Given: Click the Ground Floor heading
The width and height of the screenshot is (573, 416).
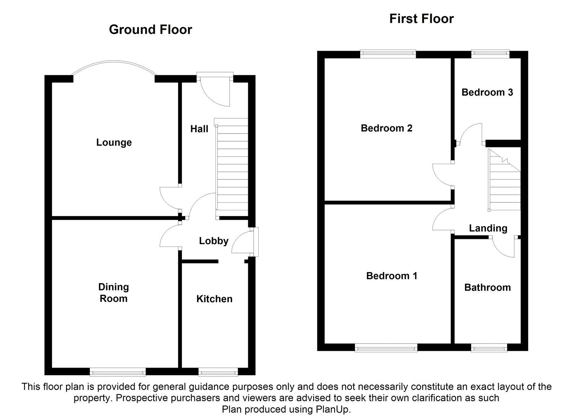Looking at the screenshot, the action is coord(151,29).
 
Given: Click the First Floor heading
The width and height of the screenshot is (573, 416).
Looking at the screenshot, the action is coord(421,19).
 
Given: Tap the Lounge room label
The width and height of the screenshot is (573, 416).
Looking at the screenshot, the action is coord(114,142).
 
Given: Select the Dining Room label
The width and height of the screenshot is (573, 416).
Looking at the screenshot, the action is coord(113,293).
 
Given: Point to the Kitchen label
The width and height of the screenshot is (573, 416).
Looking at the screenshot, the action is coord(214,299).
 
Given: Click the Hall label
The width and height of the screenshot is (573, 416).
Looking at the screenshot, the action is coord(199,129).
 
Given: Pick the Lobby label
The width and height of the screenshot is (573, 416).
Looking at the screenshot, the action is coord(214,241).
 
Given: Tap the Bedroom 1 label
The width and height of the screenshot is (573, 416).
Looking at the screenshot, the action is coord(392,276).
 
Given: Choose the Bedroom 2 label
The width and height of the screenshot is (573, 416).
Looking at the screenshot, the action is coord(387,128).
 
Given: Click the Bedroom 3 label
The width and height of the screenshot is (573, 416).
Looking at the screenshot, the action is coord(487,92).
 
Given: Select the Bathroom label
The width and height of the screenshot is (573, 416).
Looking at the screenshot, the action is coord(487,287).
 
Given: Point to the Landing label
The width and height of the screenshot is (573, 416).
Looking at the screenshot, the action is coord(488,228).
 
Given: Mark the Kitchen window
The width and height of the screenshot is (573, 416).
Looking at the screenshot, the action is coord(218,371).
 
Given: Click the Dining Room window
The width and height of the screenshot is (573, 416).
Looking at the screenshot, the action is coord(118,371).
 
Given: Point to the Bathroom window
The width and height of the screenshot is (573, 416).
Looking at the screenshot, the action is coord(489,347).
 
